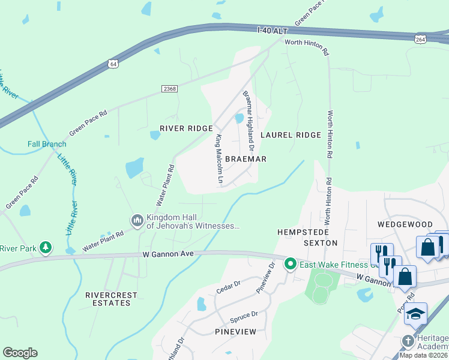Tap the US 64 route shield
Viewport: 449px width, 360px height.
point(113,63)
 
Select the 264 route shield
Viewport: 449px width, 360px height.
point(420,38)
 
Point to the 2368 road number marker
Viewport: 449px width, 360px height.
point(170,89)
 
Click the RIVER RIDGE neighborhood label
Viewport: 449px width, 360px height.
point(186,128)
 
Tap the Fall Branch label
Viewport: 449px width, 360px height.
point(47,144)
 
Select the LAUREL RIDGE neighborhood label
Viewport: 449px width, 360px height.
point(291,135)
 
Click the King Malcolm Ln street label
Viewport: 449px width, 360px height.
point(219,159)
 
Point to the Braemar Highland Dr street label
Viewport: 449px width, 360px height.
point(249,121)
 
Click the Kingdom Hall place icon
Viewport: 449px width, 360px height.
point(137,221)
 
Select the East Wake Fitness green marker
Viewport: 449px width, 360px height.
point(291,263)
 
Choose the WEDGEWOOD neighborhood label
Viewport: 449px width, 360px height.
point(401,223)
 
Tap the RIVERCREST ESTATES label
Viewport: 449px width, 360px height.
point(112,299)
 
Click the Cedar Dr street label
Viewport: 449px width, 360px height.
point(228,288)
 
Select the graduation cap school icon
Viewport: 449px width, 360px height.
point(415,314)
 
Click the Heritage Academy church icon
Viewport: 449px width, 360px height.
point(408,339)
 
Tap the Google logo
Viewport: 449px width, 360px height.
point(20,353)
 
